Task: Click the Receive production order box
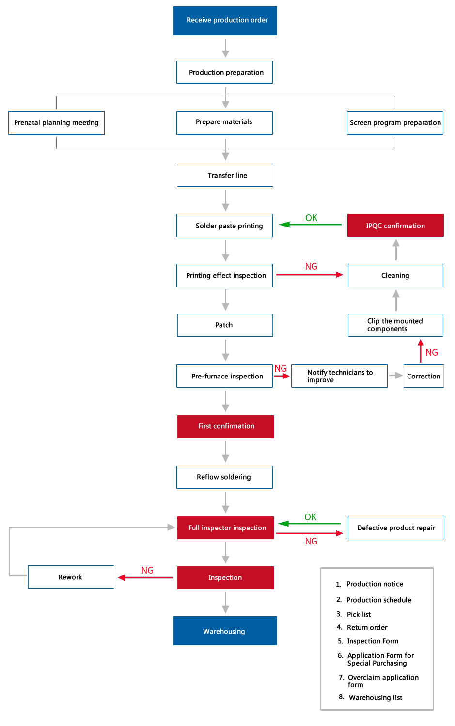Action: pos(225,21)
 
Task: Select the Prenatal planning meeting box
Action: pos(57,123)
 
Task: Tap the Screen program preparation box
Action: pos(395,123)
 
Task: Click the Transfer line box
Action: pos(225,175)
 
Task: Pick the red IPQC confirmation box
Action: pos(395,225)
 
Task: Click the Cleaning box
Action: pos(395,275)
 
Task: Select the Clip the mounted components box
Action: pos(395,325)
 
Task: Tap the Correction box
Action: pos(424,376)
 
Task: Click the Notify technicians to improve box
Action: pos(340,376)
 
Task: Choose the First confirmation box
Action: pos(225,426)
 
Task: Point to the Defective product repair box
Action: pos(396,528)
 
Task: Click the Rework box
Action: pos(71,577)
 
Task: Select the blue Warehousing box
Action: pos(225,631)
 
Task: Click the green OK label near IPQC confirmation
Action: pos(311,218)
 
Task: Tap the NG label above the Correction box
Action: pos(432,353)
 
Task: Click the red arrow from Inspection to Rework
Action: pos(145,577)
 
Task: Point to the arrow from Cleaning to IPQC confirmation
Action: pos(396,250)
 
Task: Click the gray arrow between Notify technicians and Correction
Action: pos(395,376)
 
